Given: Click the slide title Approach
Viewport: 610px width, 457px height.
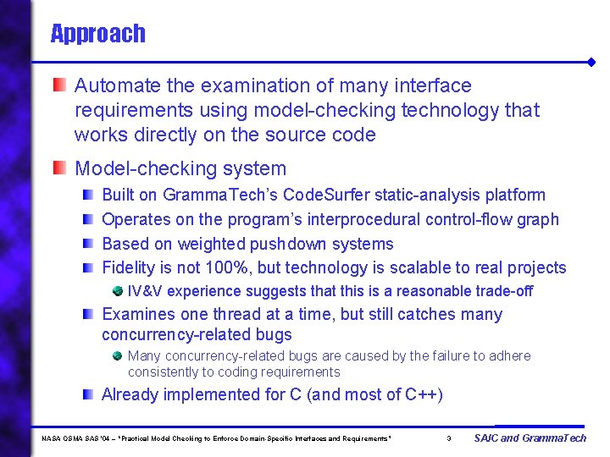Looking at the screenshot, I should [97, 34].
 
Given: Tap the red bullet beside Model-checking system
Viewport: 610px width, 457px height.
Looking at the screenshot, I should [58, 168].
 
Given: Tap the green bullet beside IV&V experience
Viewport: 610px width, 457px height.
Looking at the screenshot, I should [117, 291].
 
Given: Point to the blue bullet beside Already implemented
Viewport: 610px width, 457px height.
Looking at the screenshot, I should [88, 394].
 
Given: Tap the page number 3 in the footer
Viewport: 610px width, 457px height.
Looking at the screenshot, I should [448, 438].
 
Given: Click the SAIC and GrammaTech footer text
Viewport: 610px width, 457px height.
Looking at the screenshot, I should [530, 438].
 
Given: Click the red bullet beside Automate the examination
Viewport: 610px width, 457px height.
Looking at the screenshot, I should [58, 85].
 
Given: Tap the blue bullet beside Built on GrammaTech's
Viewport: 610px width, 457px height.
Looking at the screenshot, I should [88, 195].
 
